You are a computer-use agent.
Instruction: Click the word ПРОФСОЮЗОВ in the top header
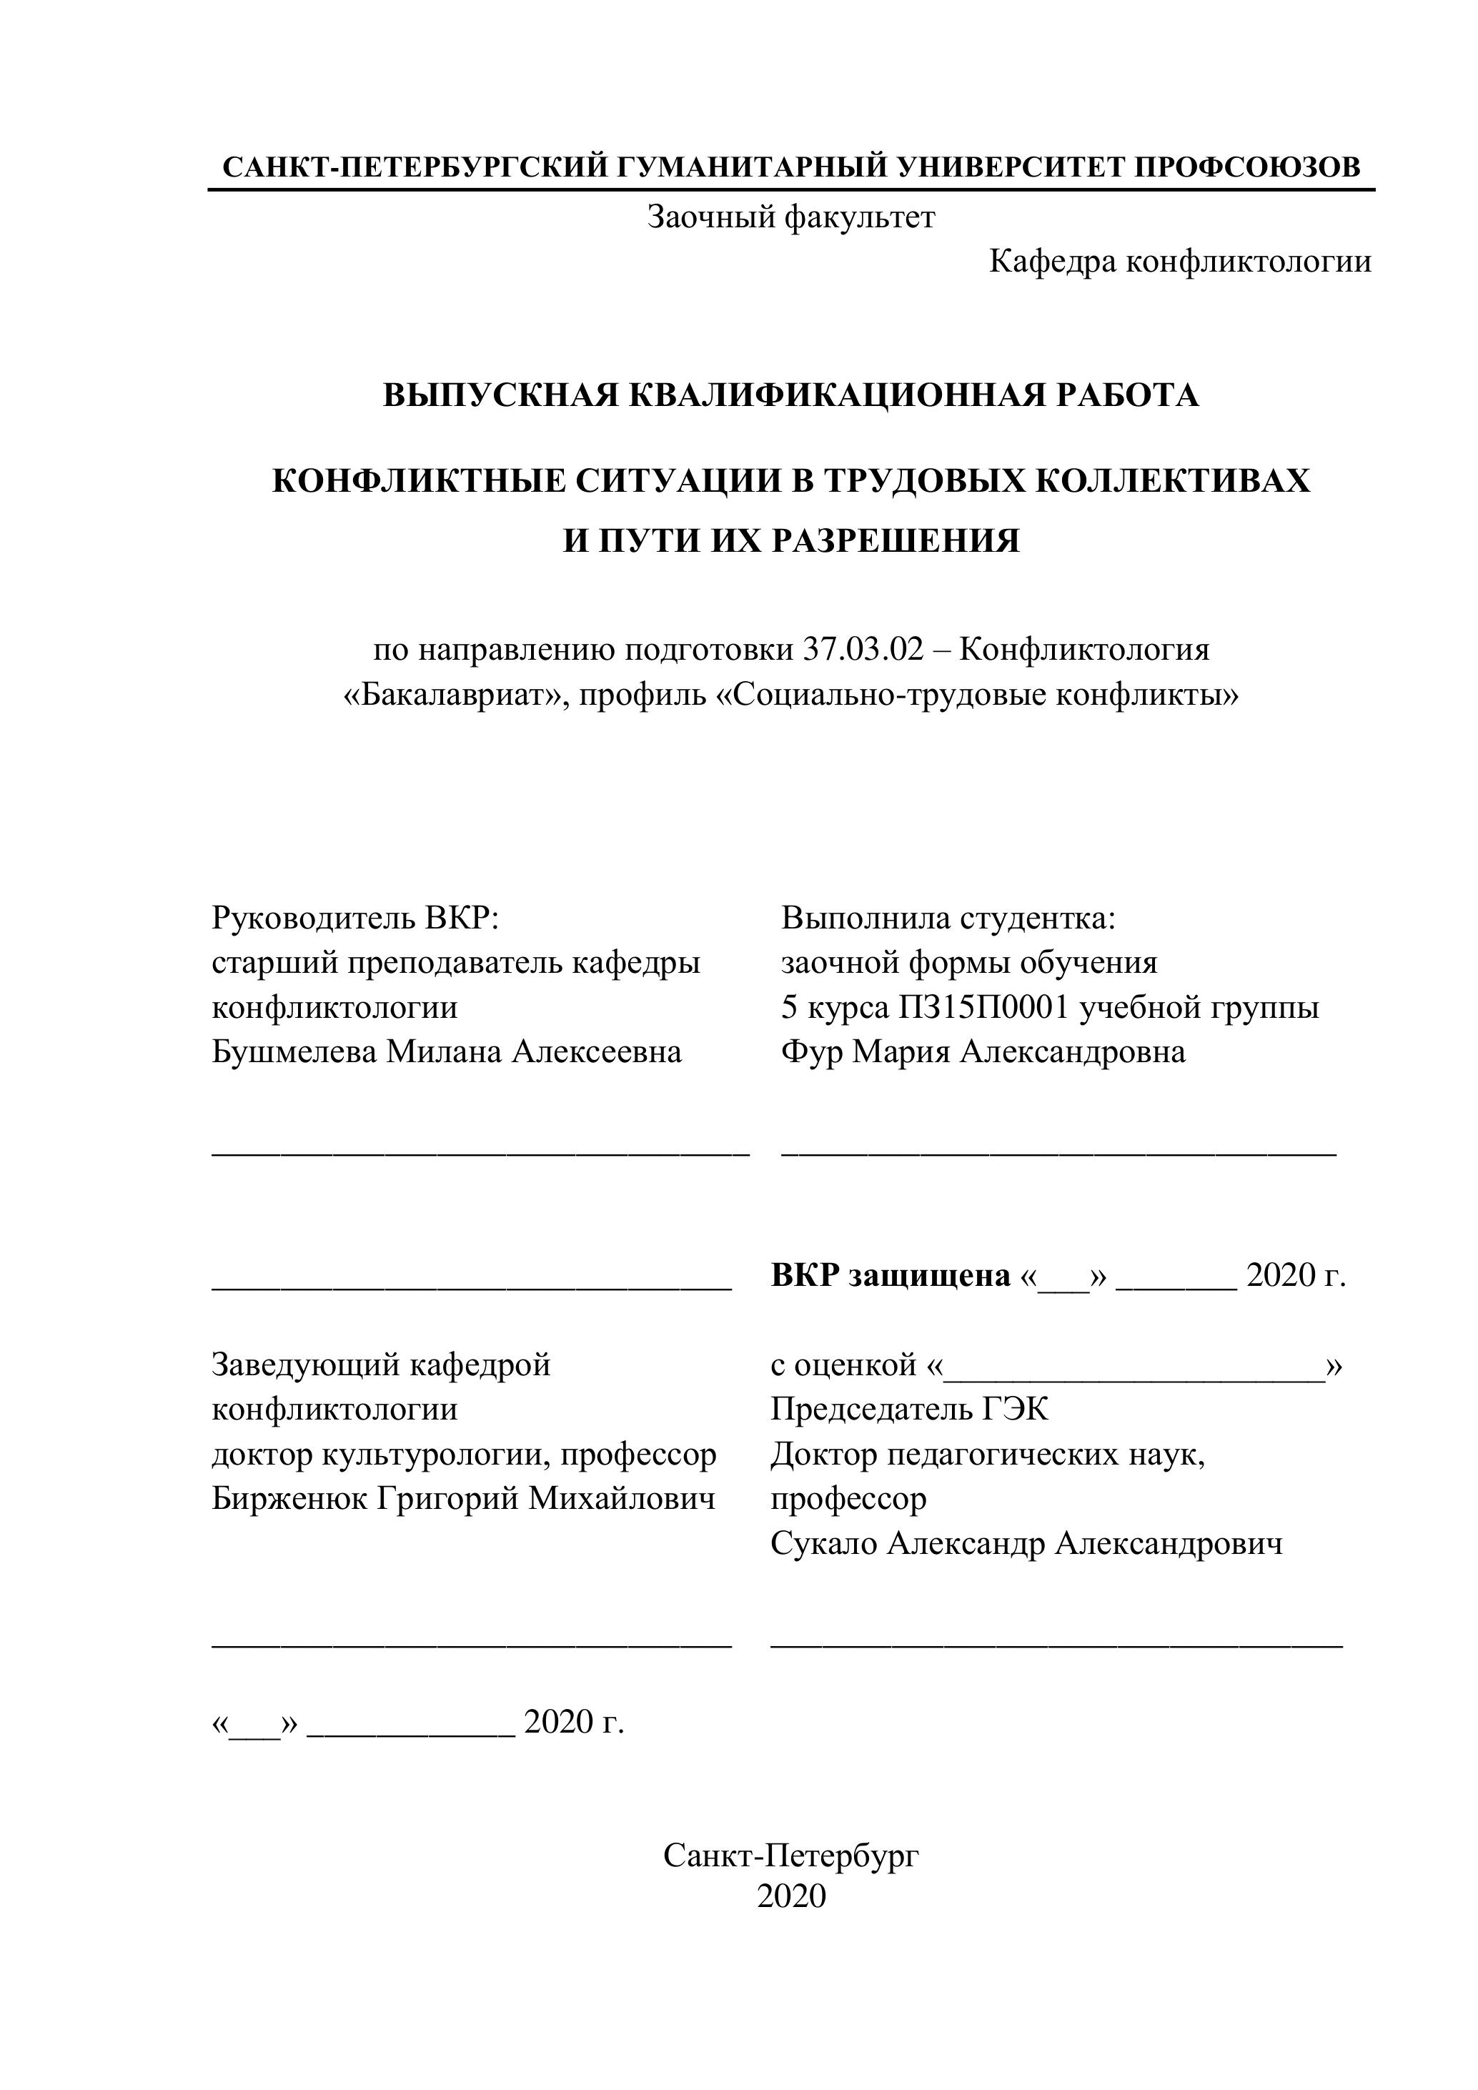tap(1248, 167)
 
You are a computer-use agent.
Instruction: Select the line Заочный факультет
tap(791, 217)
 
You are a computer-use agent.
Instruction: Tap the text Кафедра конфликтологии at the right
tap(1179, 262)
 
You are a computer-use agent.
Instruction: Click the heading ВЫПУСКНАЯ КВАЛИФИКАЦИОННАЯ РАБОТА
tap(791, 395)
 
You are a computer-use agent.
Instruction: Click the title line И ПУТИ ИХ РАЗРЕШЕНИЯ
tap(791, 540)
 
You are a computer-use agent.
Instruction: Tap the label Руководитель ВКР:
tap(356, 918)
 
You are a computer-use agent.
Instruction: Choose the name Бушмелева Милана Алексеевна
tap(447, 1052)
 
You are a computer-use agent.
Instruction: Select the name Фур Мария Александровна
tap(983, 1052)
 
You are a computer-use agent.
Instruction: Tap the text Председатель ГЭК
tap(909, 1410)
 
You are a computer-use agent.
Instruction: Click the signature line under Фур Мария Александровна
tap(1058, 1152)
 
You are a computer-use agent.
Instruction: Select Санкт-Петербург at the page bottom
tap(791, 1855)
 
